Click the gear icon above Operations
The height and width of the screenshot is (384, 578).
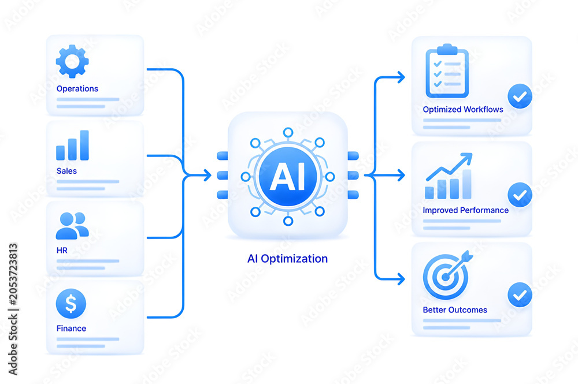pos(72,61)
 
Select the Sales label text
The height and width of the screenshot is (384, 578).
pos(66,171)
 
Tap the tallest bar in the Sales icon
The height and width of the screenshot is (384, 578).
pos(84,145)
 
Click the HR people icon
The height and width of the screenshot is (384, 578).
pos(72,226)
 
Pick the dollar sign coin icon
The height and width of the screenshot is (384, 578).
pos(71,303)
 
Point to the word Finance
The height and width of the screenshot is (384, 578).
pos(71,329)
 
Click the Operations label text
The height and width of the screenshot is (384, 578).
pos(77,89)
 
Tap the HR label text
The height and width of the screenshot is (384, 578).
pos(62,251)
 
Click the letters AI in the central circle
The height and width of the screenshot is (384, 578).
pos(288,177)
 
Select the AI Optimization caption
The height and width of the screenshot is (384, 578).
pos(287,259)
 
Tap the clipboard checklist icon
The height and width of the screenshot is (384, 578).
pos(447,71)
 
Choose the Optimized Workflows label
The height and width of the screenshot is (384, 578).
pos(463,109)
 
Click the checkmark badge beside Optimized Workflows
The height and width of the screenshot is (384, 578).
pos(520,96)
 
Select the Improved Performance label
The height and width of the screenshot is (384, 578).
pos(465,210)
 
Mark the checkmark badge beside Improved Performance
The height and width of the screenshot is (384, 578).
pos(520,195)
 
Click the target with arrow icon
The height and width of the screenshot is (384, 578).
pos(447,275)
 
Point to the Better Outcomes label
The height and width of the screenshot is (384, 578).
pos(455,310)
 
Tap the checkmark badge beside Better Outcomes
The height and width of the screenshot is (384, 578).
pos(520,295)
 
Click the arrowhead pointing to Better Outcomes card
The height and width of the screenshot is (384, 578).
pos(401,279)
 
